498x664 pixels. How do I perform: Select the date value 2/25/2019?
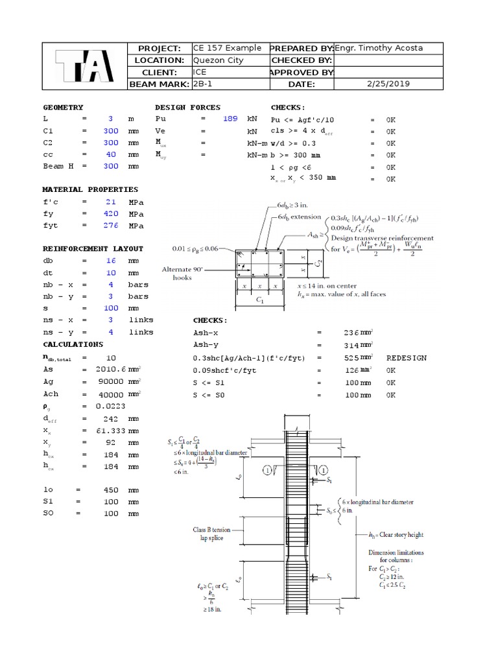coord(388,84)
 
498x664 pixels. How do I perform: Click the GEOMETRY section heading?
coord(63,108)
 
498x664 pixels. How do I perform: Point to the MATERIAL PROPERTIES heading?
coord(90,190)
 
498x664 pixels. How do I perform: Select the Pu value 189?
coord(230,119)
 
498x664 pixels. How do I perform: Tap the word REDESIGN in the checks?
coord(407,358)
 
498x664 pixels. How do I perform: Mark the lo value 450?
coord(110,490)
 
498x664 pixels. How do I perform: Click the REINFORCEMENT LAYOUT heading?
coord(93,249)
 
